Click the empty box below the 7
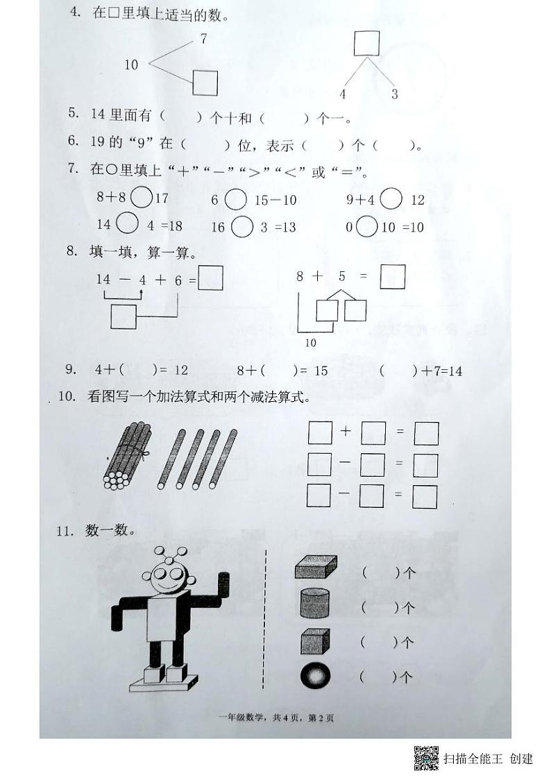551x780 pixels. (x=205, y=83)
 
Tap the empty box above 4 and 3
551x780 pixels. (x=366, y=43)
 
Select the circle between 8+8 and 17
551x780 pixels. (x=142, y=198)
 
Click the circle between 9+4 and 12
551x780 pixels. (x=391, y=199)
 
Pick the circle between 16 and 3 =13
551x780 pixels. (x=241, y=227)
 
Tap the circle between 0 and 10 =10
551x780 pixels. (x=367, y=227)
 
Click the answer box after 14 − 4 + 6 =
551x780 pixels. (x=210, y=279)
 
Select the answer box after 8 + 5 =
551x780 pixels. (x=393, y=275)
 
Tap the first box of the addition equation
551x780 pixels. (x=320, y=433)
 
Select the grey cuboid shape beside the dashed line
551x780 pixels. (x=316, y=567)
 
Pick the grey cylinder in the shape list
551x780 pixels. (x=315, y=602)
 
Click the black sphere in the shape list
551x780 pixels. (x=315, y=675)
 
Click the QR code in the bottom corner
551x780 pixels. (x=426, y=757)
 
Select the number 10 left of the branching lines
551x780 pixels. (x=131, y=65)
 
